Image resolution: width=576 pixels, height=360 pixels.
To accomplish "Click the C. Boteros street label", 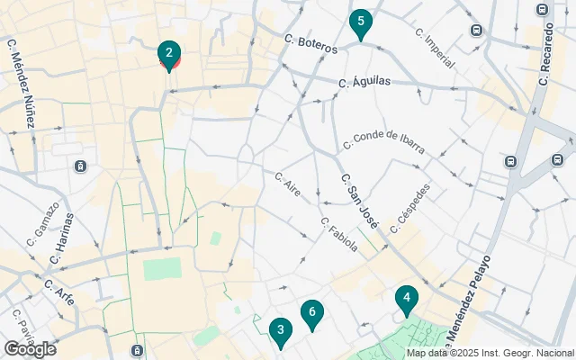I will point(310,43).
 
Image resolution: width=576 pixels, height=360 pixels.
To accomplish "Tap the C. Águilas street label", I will point(364,82).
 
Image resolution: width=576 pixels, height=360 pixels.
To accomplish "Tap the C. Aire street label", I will point(287,184).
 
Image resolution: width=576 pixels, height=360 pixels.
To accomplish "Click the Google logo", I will point(30,349).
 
